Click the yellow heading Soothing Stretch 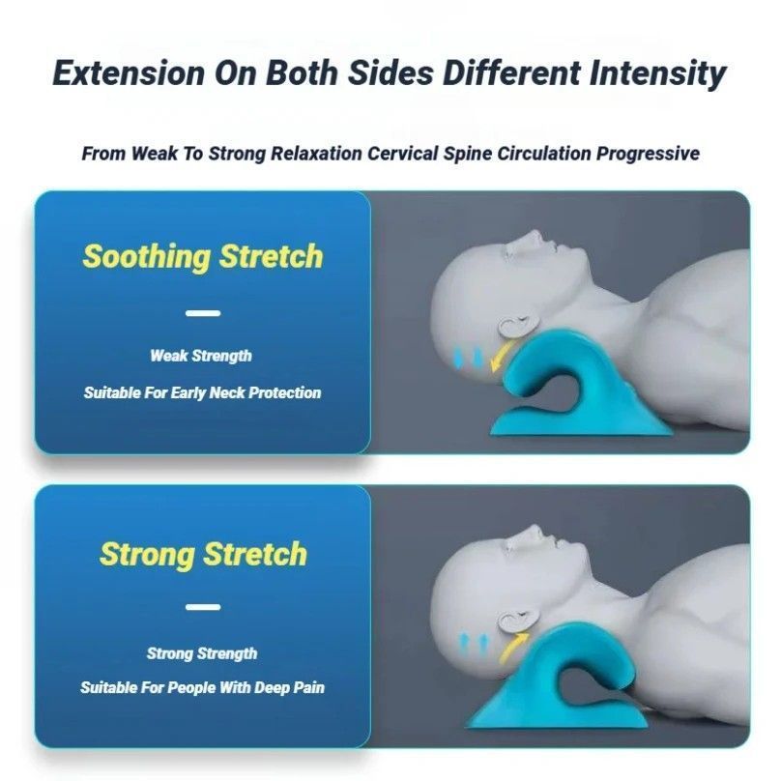tap(202, 256)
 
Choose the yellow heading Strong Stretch tap(203, 554)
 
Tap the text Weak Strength tap(201, 356)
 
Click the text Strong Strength tap(202, 653)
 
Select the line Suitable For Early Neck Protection tap(202, 393)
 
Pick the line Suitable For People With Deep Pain tap(202, 688)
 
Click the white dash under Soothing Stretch tap(202, 312)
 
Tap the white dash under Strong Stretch tap(202, 607)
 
